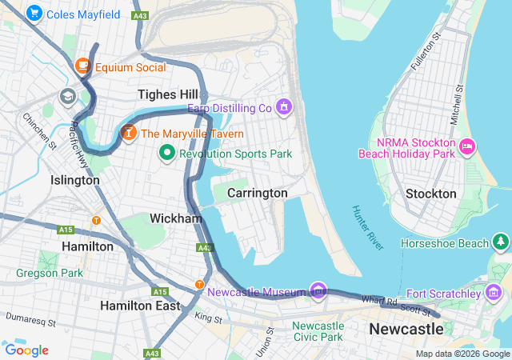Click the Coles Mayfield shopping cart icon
coord(34,14)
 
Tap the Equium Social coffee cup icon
coord(82,66)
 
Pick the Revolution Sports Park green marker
coord(167,153)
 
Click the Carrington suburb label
coord(257,193)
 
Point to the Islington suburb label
coord(75,180)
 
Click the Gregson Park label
coord(49,274)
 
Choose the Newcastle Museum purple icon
coord(318,291)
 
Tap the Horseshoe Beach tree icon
coord(500,242)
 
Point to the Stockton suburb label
coord(430,194)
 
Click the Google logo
coord(26,350)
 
